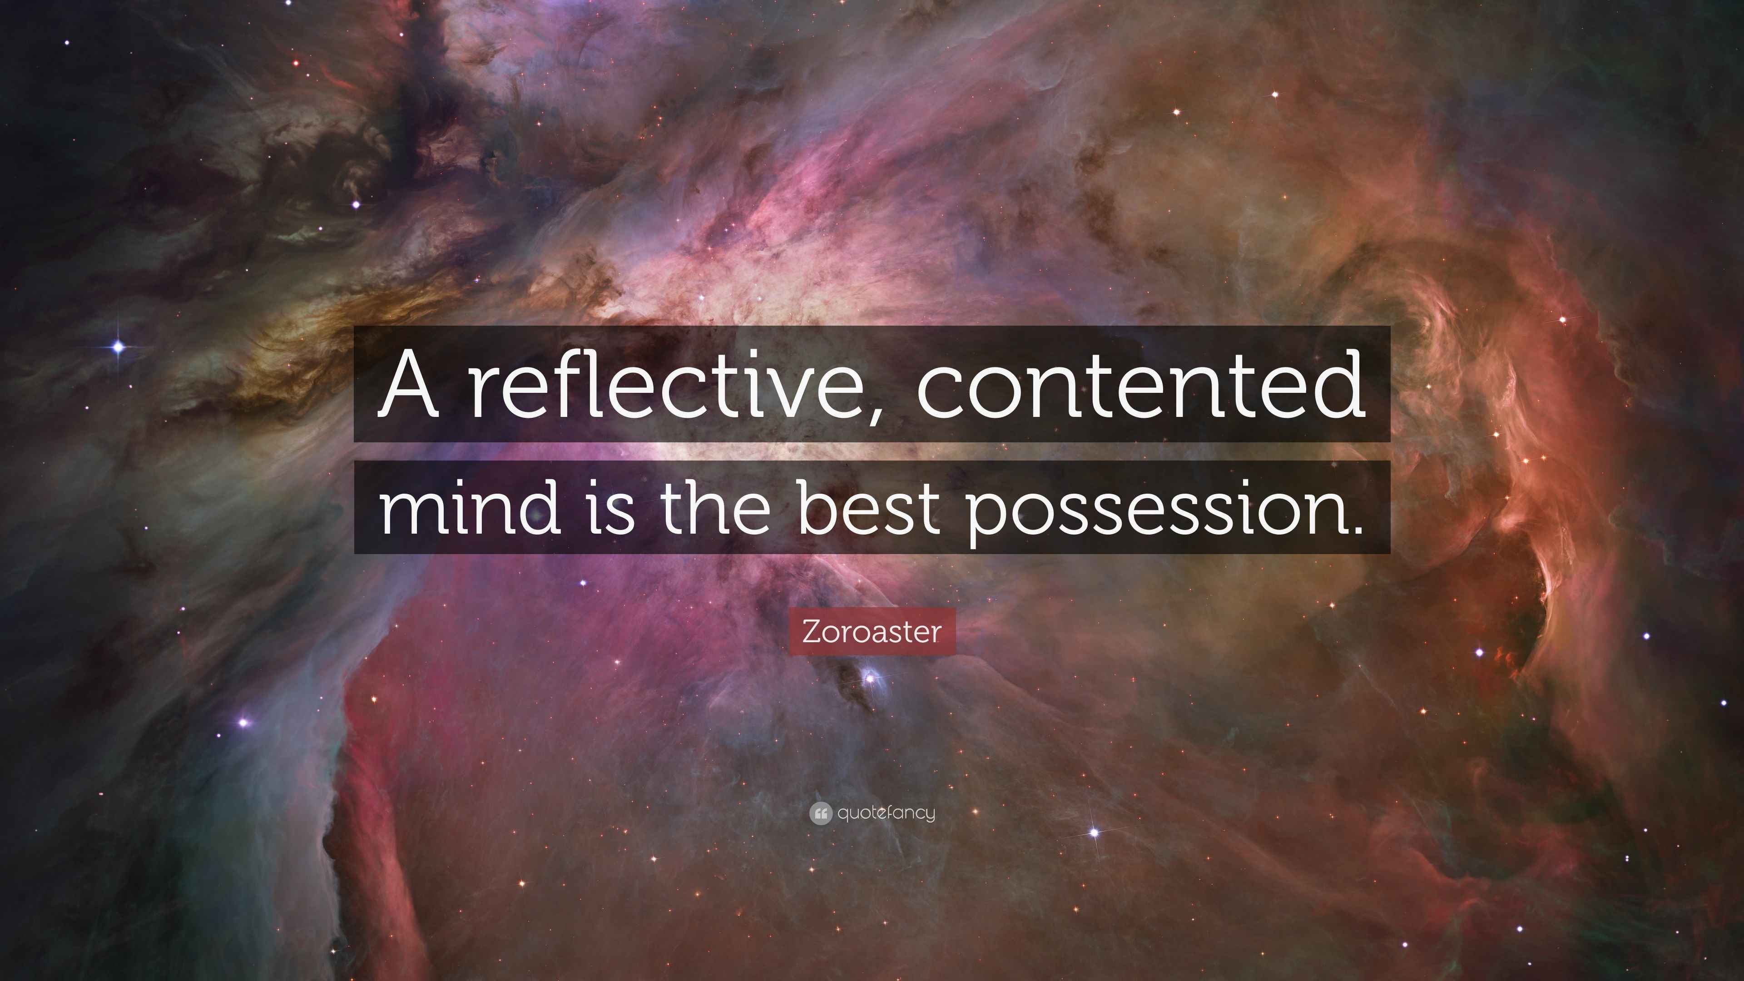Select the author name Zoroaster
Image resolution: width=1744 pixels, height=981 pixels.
point(872,632)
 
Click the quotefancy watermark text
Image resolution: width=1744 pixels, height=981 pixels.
point(886,813)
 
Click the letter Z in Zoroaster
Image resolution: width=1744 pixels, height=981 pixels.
point(811,632)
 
